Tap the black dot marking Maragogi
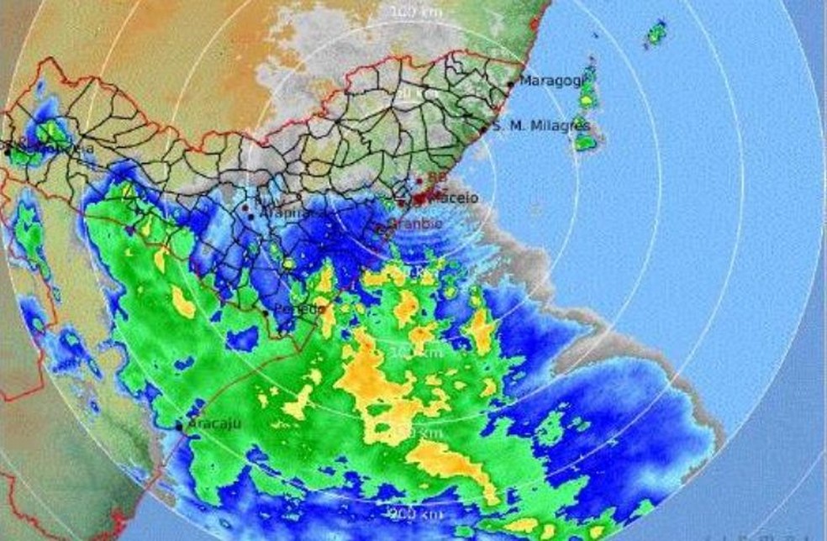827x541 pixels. (x=511, y=84)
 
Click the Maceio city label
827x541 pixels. (x=453, y=198)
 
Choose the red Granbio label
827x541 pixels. (x=413, y=224)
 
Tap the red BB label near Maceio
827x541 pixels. (x=437, y=178)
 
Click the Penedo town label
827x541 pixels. (x=298, y=309)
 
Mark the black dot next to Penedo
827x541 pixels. (x=266, y=313)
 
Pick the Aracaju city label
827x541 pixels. (x=213, y=423)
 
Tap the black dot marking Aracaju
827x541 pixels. (x=179, y=427)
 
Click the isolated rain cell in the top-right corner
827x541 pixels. (x=655, y=34)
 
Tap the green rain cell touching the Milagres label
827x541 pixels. (x=585, y=141)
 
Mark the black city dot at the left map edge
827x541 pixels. (x=8, y=152)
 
